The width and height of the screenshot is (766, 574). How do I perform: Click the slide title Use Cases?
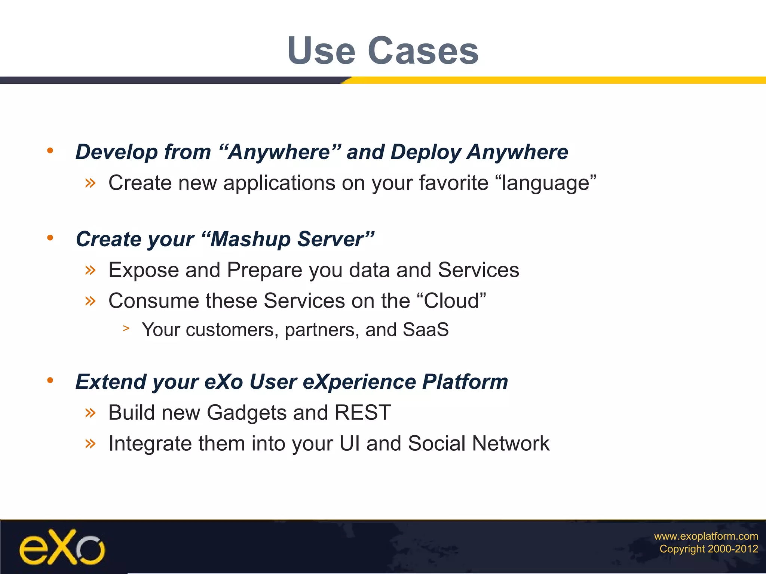click(383, 50)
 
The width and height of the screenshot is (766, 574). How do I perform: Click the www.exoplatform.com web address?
click(706, 536)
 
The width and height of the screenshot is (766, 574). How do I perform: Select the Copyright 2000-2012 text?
click(708, 549)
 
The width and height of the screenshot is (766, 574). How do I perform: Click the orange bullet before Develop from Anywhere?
click(50, 151)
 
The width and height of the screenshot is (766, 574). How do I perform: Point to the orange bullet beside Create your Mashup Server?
click(50, 238)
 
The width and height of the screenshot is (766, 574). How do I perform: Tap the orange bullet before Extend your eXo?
click(50, 381)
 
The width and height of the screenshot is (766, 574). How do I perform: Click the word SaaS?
click(425, 330)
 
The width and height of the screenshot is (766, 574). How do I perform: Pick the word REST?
click(362, 413)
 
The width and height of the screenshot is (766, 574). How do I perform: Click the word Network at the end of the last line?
click(511, 444)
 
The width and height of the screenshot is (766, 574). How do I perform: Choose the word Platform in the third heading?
click(465, 382)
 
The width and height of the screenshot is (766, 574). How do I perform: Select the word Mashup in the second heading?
click(250, 239)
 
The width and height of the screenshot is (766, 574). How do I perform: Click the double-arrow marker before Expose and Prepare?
click(90, 269)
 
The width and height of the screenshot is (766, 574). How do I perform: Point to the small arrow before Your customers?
click(126, 328)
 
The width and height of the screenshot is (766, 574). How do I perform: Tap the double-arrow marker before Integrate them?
click(90, 444)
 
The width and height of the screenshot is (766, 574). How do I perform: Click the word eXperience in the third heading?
click(359, 382)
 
